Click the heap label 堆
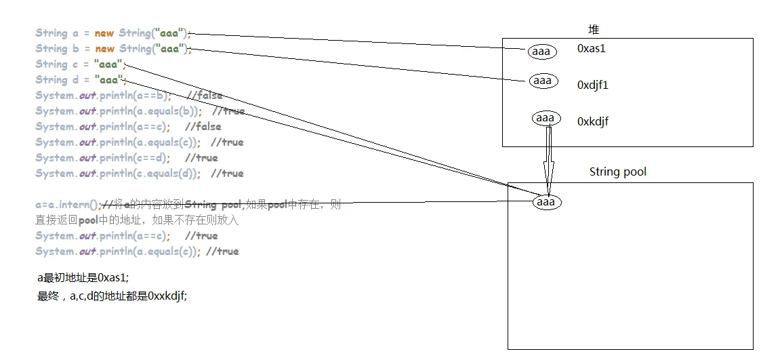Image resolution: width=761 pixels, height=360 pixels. pyautogui.click(x=594, y=30)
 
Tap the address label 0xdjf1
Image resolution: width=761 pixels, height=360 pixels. pyautogui.click(x=593, y=85)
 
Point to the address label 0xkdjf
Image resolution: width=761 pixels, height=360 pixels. pyautogui.click(x=593, y=122)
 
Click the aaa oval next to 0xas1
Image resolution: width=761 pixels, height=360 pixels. pyautogui.click(x=541, y=52)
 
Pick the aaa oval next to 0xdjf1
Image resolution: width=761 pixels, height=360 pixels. pyautogui.click(x=543, y=81)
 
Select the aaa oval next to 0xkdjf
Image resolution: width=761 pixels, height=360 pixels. pyautogui.click(x=545, y=118)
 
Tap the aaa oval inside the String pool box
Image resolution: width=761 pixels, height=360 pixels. pyautogui.click(x=546, y=202)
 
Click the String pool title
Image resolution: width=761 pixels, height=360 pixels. pyautogui.click(x=617, y=172)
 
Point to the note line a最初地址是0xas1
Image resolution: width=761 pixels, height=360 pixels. pyautogui.click(x=83, y=277)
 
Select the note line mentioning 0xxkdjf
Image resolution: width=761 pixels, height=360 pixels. pyautogui.click(x=112, y=296)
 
